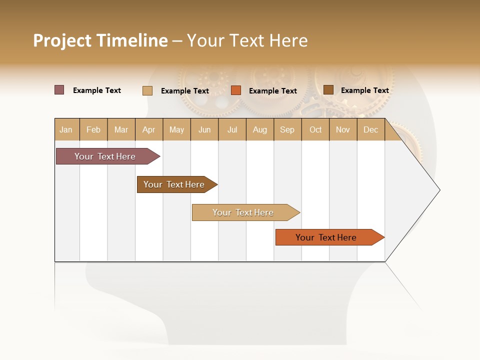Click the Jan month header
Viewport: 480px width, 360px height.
(x=66, y=129)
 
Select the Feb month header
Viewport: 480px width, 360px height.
(x=93, y=129)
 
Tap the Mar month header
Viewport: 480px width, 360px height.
(x=121, y=129)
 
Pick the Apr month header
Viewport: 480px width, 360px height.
(x=149, y=129)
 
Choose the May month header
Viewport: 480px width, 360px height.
(x=176, y=129)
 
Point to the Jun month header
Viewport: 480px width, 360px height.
(x=204, y=129)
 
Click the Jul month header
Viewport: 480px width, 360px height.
(x=232, y=129)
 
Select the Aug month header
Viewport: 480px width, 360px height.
(x=260, y=129)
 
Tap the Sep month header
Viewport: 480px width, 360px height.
(x=287, y=129)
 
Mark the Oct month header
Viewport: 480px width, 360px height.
(x=315, y=129)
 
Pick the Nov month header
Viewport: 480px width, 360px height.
(x=343, y=129)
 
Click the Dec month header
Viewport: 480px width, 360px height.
(x=371, y=129)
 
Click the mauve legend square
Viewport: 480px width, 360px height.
(x=59, y=90)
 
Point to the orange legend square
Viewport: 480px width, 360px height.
(x=236, y=90)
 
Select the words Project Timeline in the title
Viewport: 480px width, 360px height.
(x=100, y=40)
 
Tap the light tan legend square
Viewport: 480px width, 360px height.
(x=147, y=90)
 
